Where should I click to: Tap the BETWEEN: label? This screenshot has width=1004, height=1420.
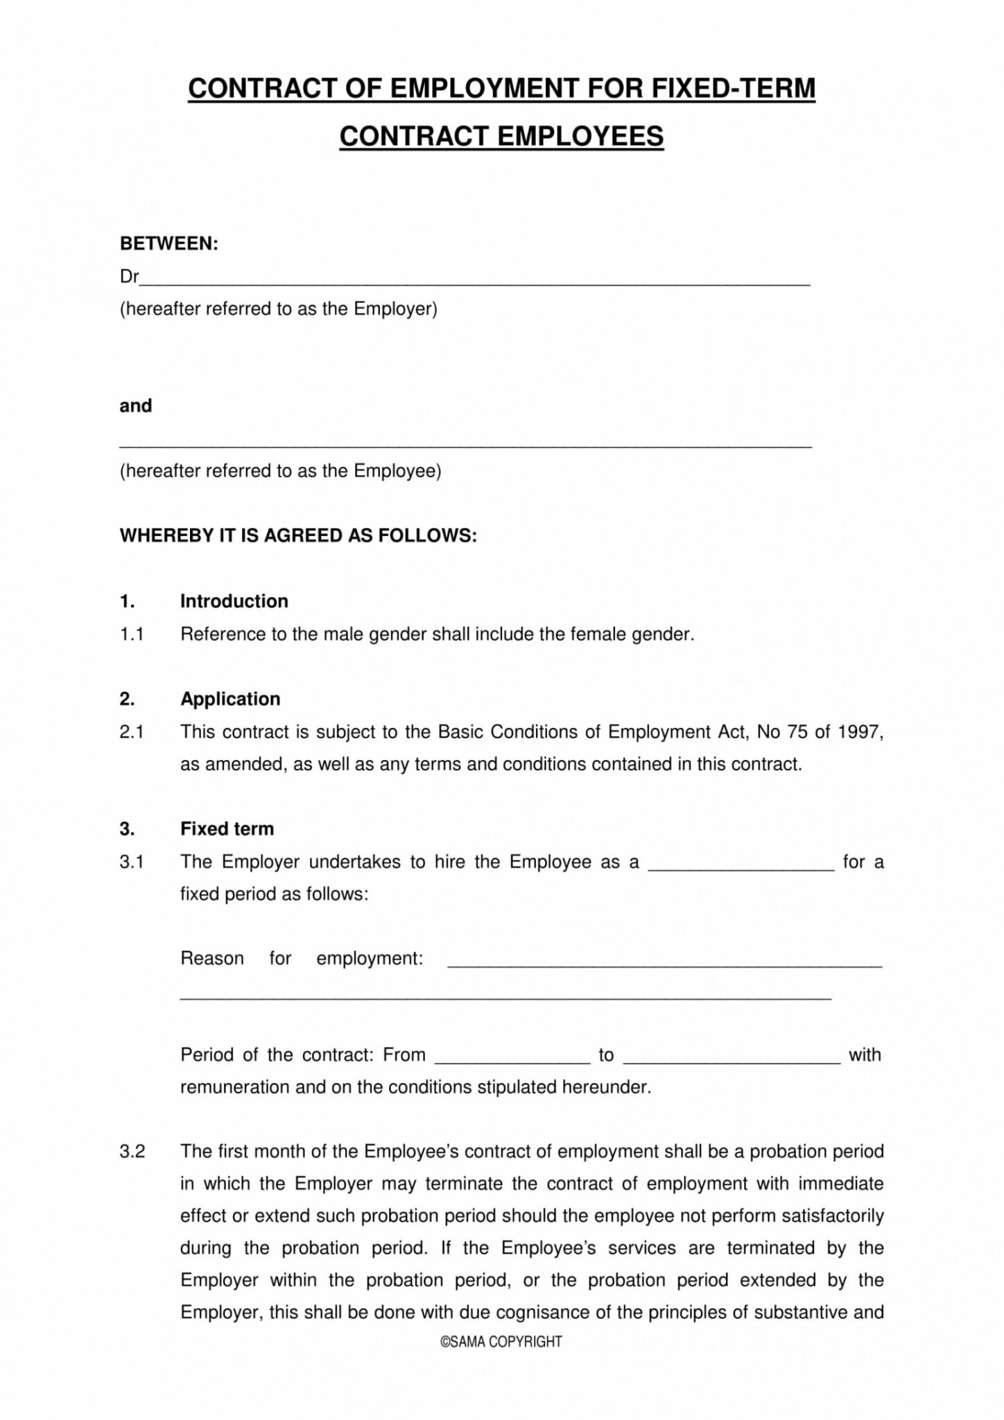tap(169, 243)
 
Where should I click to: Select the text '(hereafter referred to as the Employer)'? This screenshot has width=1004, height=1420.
tap(279, 309)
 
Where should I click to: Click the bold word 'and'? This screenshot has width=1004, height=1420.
tap(135, 406)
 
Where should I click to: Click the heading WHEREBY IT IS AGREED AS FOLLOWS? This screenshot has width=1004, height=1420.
tap(298, 535)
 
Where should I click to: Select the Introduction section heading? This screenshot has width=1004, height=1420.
tap(234, 600)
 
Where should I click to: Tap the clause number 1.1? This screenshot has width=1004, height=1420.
tap(131, 634)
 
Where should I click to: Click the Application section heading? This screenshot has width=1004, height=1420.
tap(230, 698)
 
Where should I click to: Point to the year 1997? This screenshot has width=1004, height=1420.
tap(860, 731)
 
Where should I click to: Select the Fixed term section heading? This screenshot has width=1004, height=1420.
tap(227, 829)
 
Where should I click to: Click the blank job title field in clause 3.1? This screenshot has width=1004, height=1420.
tap(741, 865)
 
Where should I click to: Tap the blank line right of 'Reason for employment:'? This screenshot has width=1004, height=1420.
tap(664, 962)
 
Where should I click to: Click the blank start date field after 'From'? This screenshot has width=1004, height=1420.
tap(512, 1058)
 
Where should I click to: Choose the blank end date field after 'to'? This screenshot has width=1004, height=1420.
tap(732, 1058)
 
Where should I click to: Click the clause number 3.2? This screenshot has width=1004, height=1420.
tap(132, 1151)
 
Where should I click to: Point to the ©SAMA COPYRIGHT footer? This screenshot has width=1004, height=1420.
tap(501, 1342)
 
